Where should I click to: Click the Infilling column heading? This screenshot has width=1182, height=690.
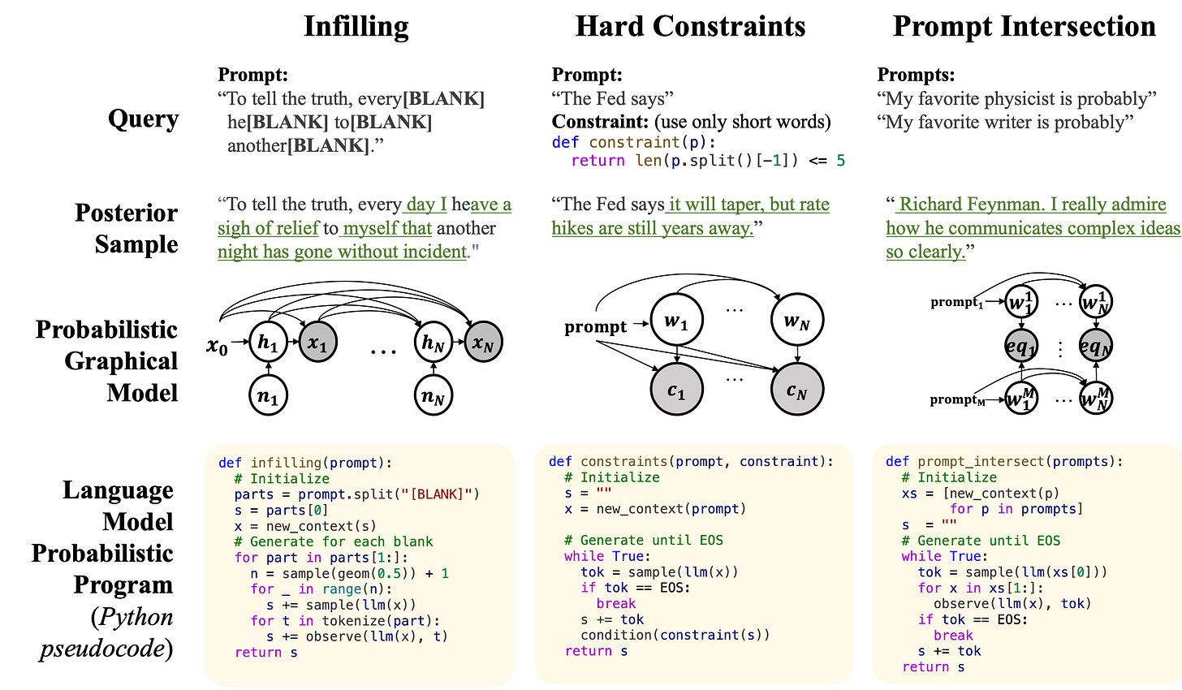(356, 27)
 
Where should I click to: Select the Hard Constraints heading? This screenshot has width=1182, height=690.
(690, 27)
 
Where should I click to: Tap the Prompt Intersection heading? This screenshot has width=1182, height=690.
(1024, 27)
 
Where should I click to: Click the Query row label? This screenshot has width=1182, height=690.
(143, 119)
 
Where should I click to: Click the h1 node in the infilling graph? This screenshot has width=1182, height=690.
(268, 343)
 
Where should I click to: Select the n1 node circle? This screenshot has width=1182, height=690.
(269, 397)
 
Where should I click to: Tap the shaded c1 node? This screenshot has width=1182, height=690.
(676, 391)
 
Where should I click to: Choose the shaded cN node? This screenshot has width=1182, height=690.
(796, 391)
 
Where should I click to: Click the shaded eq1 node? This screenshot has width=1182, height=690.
(1020, 347)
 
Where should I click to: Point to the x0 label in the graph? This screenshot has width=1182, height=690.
(217, 347)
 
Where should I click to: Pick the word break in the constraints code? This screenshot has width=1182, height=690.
(616, 604)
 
